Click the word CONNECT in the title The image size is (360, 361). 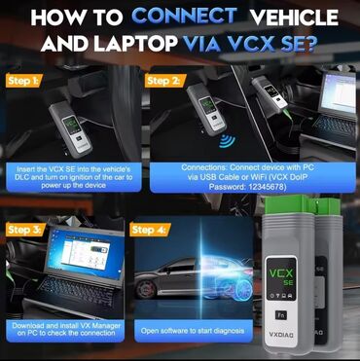pos(184,17)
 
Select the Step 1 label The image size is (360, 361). pos(23,81)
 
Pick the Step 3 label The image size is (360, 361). pos(25,230)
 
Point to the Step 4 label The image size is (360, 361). pos(149,230)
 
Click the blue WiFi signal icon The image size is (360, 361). pos(227,141)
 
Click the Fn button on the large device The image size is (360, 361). pos(281,314)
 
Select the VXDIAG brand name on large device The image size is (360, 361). pos(282,335)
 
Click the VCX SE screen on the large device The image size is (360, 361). pos(281,278)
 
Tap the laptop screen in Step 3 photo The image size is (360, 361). pos(84,254)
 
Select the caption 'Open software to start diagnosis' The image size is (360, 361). pos(193,331)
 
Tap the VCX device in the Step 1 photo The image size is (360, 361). pos(71,129)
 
